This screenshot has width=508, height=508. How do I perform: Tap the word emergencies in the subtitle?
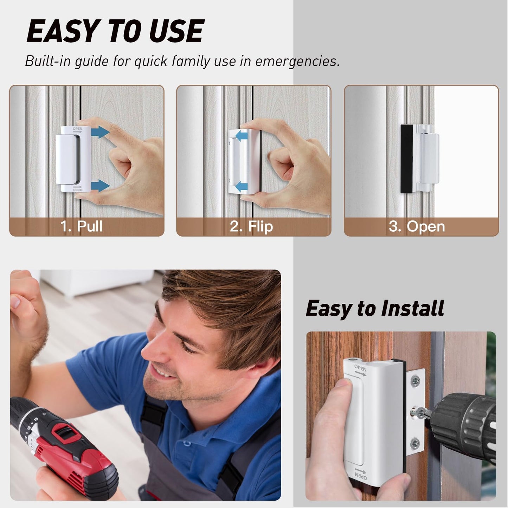(x=297, y=61)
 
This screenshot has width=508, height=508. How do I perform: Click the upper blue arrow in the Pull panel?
(x=100, y=132)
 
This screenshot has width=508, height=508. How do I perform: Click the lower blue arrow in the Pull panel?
(x=100, y=186)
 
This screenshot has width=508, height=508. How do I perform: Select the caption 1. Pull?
(x=82, y=226)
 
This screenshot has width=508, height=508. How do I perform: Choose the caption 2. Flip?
(x=251, y=226)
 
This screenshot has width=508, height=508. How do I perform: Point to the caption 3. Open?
(x=417, y=226)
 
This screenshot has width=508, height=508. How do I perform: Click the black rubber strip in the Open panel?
(x=407, y=159)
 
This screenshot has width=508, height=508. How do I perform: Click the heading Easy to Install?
(x=375, y=309)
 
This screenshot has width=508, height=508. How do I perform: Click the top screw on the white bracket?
(x=416, y=380)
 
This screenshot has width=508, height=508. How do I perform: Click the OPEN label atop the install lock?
(x=360, y=369)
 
